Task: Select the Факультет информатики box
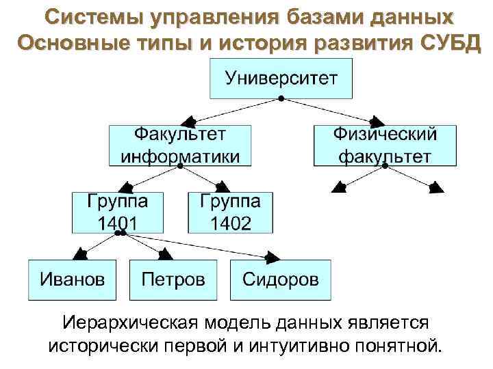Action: pos(180,144)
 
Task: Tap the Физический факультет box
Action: pos(385,144)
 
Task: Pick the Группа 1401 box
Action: pos(118,212)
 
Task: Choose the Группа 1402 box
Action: pos(230,212)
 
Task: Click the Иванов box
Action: pos(72,279)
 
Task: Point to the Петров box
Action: pos(173,279)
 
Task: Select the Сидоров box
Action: pos(280,279)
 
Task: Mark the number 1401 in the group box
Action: pos(117,223)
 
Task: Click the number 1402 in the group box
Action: pos(230,223)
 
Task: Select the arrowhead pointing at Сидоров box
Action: pos(272,258)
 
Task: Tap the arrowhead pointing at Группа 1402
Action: pos(223,186)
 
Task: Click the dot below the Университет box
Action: pos(281,100)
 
